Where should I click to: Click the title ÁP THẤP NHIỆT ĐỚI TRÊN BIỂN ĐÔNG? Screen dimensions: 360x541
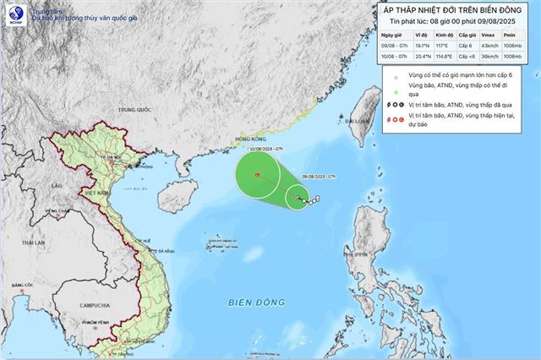[x=454, y=8]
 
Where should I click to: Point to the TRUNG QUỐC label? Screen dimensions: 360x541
[x=134, y=110]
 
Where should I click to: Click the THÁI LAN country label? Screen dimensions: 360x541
[x=33, y=243]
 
